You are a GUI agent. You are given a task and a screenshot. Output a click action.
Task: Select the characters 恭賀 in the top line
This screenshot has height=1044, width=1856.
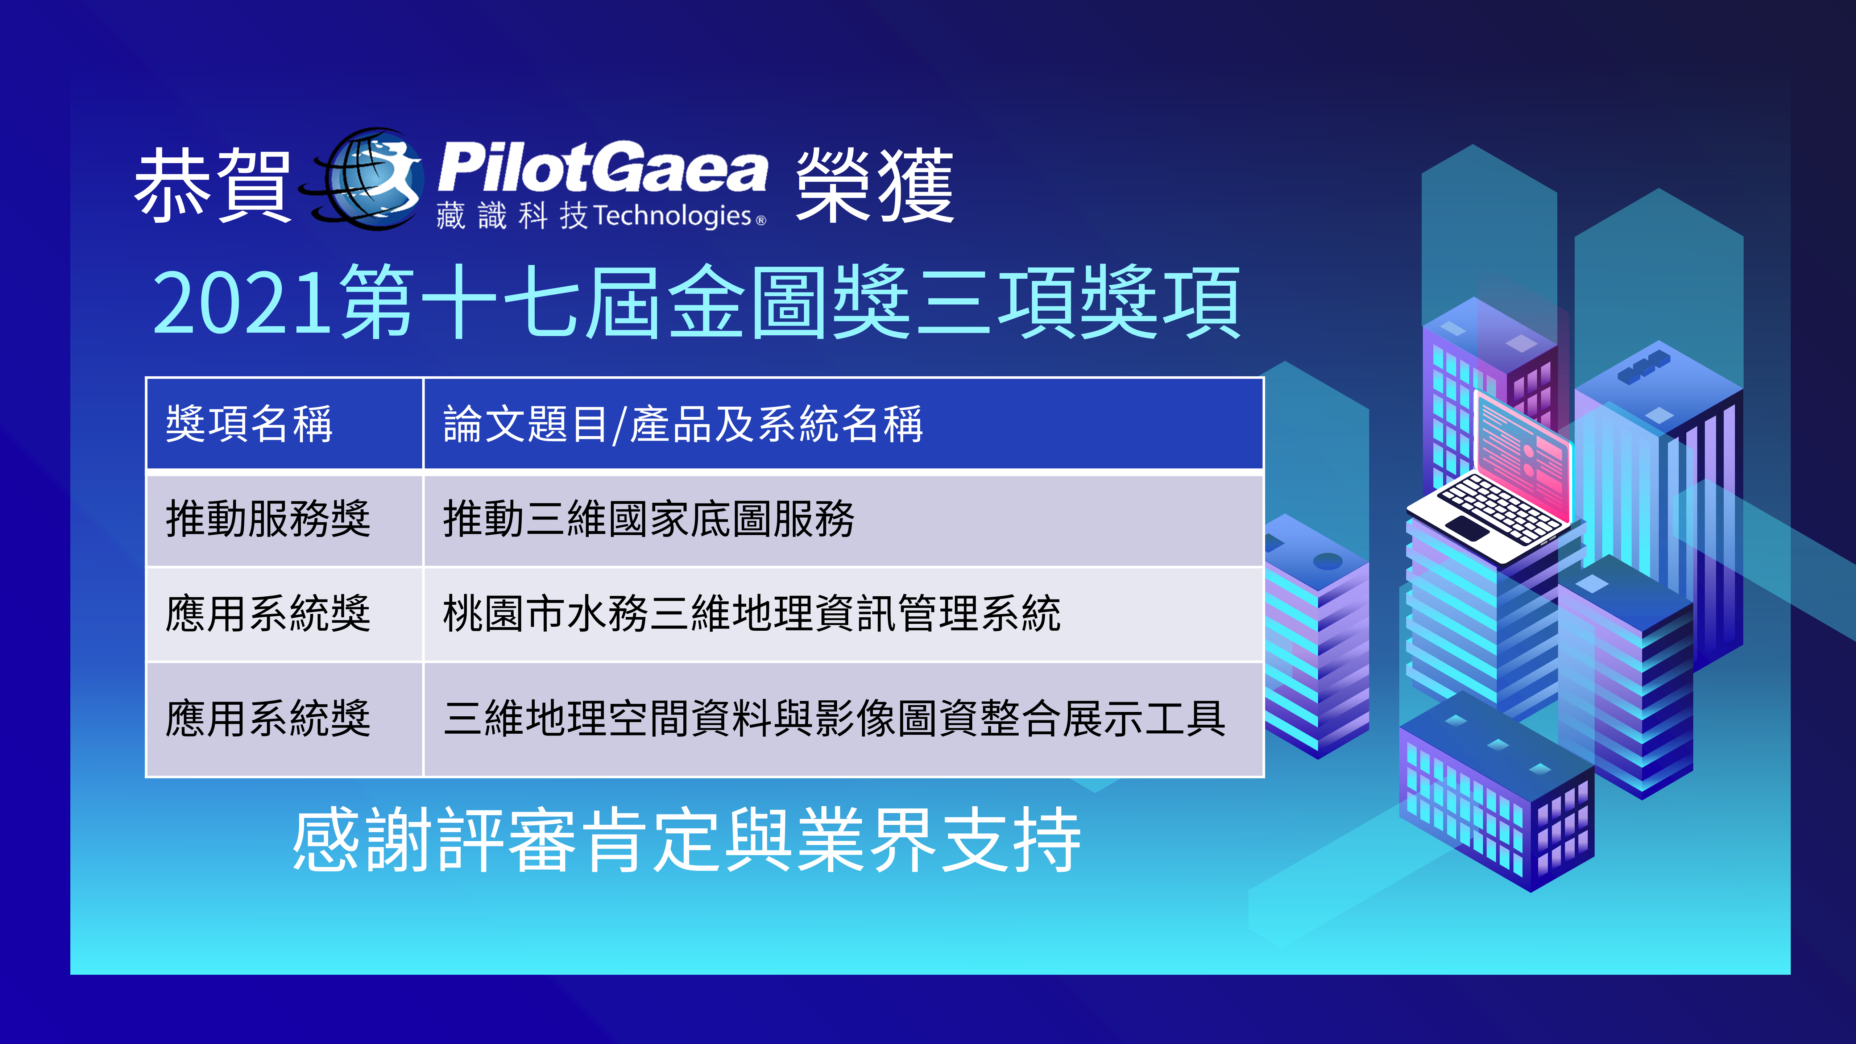(x=212, y=186)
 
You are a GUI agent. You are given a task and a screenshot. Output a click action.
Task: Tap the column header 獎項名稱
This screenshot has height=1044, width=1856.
(x=249, y=424)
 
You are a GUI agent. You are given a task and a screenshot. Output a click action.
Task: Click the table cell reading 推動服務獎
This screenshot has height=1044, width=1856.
(x=268, y=519)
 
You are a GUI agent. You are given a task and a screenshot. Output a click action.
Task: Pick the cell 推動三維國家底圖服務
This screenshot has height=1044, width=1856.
(x=649, y=519)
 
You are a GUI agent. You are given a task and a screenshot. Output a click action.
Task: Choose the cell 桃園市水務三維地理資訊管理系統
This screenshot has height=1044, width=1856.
(x=751, y=614)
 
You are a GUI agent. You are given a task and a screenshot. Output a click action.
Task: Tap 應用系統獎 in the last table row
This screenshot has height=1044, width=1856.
(x=268, y=719)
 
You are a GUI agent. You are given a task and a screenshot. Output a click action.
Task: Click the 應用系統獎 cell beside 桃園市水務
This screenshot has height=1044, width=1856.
(x=268, y=614)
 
